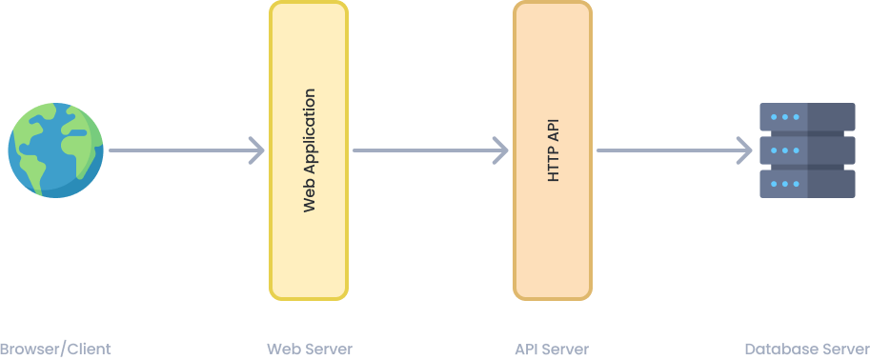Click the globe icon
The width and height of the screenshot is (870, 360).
coord(56,150)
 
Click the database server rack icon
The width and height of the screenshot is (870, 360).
coord(807,150)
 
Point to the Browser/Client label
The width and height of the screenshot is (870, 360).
coord(56,349)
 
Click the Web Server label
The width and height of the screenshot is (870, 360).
coord(310,349)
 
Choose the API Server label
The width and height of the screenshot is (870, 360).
coord(552,349)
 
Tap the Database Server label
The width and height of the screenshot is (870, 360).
coord(807,349)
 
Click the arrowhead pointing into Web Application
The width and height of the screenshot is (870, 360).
coord(257,150)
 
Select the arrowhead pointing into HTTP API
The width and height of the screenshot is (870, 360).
coord(501,150)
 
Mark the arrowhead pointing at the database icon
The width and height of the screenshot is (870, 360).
coord(745,150)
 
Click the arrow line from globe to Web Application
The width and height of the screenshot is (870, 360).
coord(181,150)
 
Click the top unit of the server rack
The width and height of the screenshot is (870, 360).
coord(807,117)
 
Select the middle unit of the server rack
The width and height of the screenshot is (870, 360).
coord(807,150)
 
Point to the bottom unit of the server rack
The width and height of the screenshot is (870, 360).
coord(807,184)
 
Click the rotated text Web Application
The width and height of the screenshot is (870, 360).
coord(309,150)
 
